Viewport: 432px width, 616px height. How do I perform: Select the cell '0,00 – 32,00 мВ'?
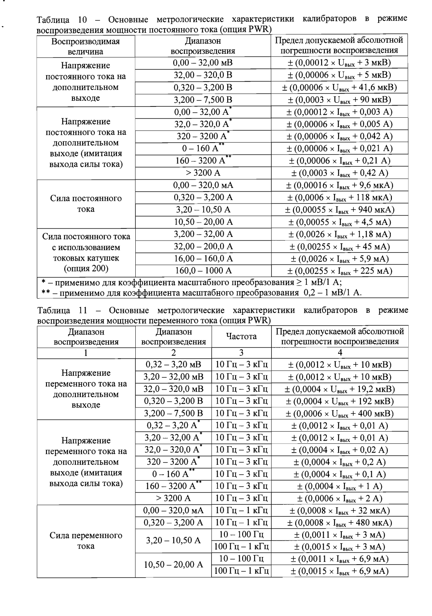(x=203, y=63)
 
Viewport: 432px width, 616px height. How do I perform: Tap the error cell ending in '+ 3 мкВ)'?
(x=339, y=63)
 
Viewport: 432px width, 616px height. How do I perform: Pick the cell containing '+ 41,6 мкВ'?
(x=339, y=88)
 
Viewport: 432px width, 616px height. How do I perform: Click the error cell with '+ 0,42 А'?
(x=339, y=173)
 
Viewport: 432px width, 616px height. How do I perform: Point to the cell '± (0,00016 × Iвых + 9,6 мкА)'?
(x=339, y=185)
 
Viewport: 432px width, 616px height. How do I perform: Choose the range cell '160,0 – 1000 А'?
(x=203, y=271)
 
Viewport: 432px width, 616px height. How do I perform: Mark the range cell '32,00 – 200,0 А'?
(x=203, y=247)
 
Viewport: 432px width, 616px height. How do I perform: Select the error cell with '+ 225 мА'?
(x=339, y=271)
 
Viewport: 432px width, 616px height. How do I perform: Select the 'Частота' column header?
(x=241, y=337)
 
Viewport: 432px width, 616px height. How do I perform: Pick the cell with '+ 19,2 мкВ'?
(x=340, y=389)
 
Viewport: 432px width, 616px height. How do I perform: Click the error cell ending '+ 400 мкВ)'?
(x=340, y=414)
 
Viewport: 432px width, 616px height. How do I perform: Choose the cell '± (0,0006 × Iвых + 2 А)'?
(x=340, y=498)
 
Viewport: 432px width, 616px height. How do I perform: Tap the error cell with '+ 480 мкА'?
(x=340, y=523)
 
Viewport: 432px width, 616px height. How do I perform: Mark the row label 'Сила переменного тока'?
(x=86, y=541)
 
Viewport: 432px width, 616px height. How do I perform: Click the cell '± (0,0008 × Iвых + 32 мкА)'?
(x=340, y=511)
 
